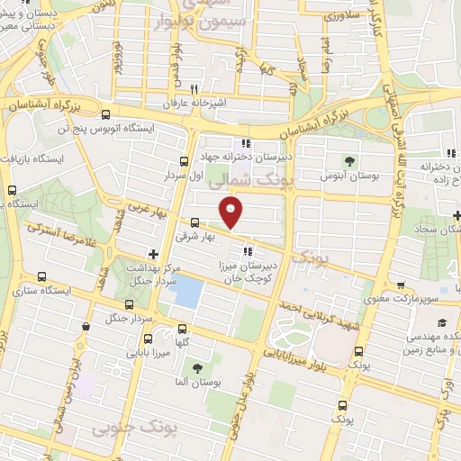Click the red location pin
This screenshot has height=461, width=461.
click(x=231, y=212)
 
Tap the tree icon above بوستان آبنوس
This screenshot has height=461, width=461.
click(x=348, y=161)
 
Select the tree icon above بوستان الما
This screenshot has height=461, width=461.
click(x=197, y=368)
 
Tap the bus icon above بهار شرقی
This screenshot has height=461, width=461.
click(x=195, y=221)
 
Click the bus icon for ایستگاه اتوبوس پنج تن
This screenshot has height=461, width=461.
click(x=106, y=114)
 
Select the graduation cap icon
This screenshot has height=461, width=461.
click(x=442, y=323)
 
